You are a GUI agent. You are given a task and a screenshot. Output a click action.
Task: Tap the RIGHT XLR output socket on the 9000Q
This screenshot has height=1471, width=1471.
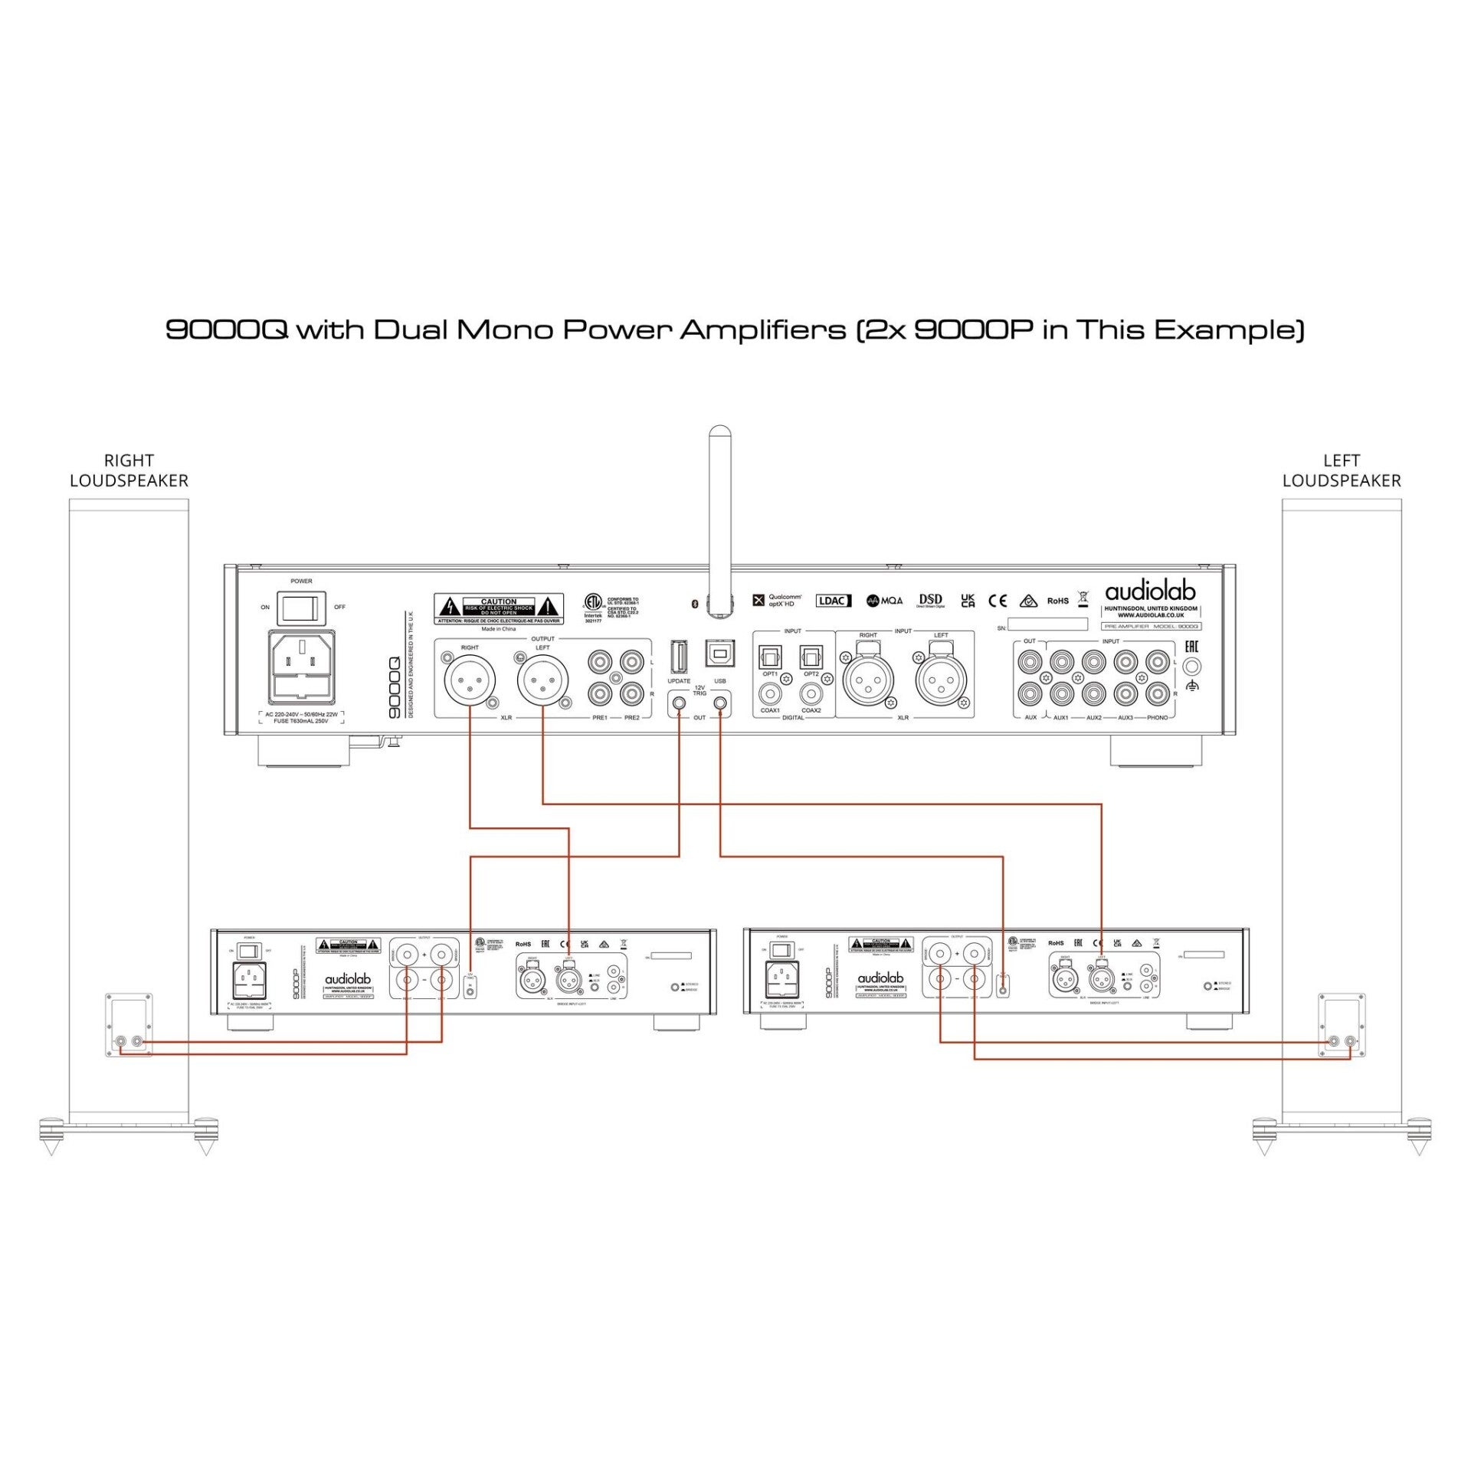coord(470,679)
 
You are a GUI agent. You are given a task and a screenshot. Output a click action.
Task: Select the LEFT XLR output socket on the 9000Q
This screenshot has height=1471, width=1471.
coord(542,679)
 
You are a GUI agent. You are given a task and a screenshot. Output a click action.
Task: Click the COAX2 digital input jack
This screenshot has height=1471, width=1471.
coord(811,694)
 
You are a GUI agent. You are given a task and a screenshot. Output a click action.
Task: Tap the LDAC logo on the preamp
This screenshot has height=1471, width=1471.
coord(833,601)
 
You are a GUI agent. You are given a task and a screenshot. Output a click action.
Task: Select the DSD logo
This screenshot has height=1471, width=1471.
coord(930,600)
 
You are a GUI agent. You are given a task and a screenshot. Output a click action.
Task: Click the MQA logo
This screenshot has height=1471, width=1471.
coord(885,601)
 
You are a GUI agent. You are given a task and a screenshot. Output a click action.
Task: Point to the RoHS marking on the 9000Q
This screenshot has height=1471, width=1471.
coord(1057,601)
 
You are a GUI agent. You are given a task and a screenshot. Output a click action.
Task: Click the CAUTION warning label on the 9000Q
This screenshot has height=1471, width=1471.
coord(499,608)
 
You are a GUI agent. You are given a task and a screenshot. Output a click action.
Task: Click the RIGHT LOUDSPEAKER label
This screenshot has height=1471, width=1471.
coord(129,470)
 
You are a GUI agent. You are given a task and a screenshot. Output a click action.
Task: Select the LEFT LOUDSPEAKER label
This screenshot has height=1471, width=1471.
coord(1342,470)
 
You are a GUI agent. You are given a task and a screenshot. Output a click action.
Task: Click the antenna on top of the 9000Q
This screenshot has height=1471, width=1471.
coord(719,521)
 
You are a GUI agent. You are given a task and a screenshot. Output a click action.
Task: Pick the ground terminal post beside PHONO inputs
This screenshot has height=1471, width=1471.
coord(1191,667)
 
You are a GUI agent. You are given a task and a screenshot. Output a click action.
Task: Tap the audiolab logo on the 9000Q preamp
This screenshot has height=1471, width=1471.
coord(1150,591)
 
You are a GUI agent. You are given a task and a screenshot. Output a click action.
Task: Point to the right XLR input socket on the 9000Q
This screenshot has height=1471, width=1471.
coord(868,680)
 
